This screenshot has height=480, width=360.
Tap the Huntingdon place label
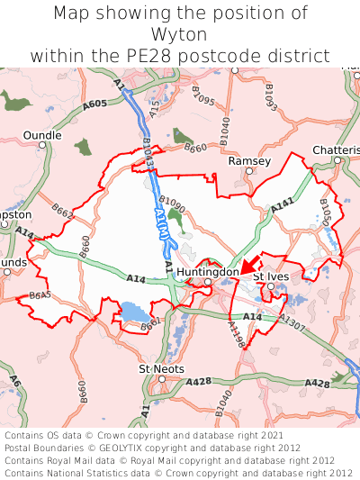click(208, 271)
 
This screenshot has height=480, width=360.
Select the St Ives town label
click(270, 276)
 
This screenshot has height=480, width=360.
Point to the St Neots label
click(161, 369)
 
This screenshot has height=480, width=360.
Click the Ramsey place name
click(249, 160)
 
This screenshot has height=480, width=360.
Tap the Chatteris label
click(336, 149)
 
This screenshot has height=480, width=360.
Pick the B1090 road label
click(171, 203)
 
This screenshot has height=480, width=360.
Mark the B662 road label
click(62, 212)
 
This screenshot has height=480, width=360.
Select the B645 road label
click(40, 294)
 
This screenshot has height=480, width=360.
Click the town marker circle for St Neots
click(162, 379)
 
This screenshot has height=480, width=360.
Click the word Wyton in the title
click(180, 34)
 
